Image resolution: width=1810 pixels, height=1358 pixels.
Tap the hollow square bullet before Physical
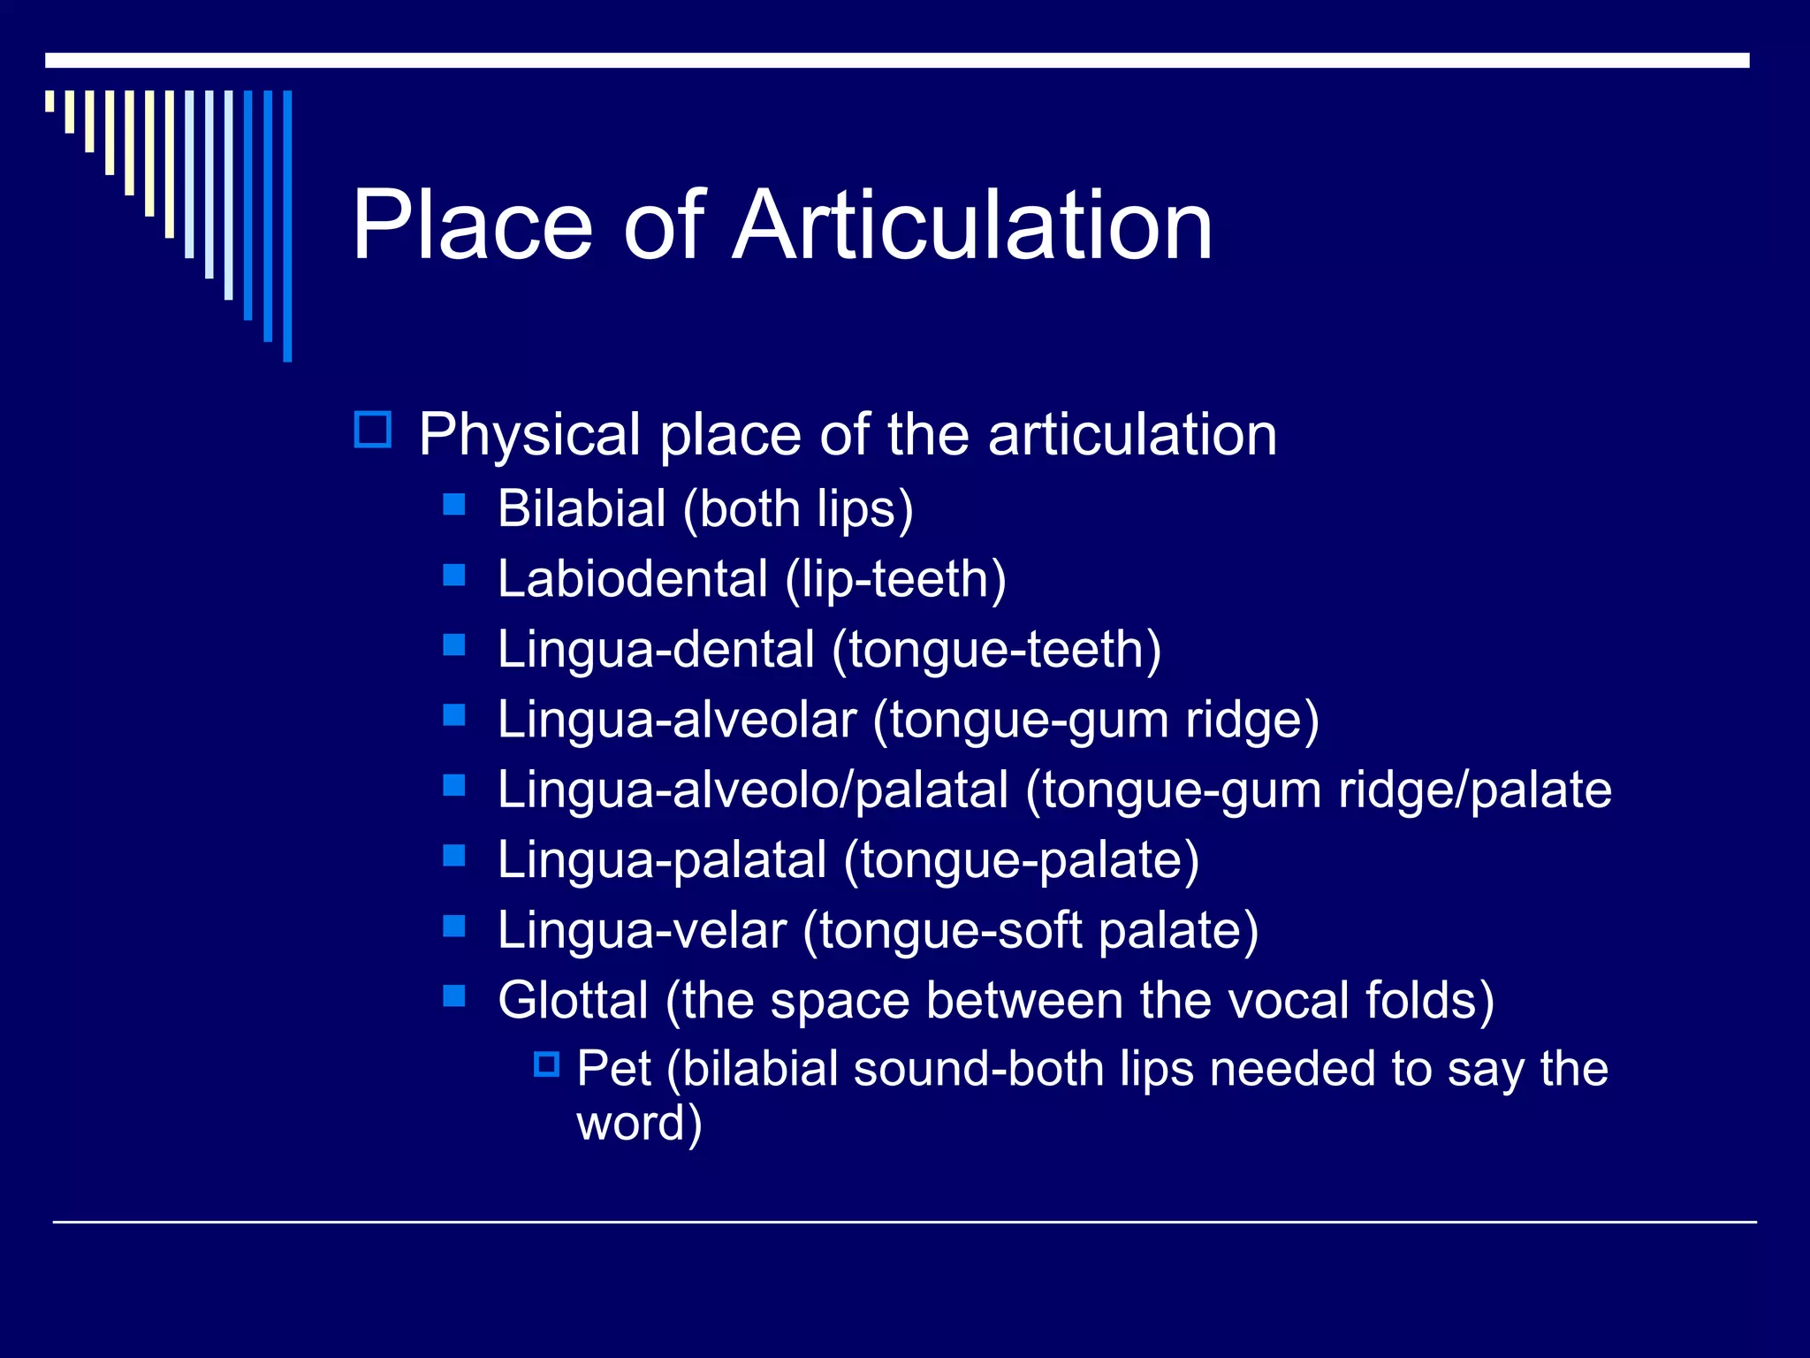372,430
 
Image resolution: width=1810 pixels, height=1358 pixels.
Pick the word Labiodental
632,579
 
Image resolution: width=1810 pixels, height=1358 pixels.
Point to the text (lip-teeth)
895,579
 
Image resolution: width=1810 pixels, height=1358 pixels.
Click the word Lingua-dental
655,650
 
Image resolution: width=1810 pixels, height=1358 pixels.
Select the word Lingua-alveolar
676,720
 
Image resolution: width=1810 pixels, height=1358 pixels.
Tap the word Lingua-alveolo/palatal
752,790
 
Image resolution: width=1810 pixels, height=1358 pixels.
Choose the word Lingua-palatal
661,860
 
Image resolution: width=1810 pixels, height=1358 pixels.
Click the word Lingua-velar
641,930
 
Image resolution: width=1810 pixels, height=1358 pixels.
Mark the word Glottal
573,1000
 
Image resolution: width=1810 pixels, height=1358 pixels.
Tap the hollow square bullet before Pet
547,1064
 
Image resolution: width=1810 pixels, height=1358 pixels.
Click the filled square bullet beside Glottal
453,996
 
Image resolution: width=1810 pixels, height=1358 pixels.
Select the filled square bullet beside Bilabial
453,505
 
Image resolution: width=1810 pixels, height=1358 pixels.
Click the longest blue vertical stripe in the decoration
287,225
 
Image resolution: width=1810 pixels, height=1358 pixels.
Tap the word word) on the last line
639,1123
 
